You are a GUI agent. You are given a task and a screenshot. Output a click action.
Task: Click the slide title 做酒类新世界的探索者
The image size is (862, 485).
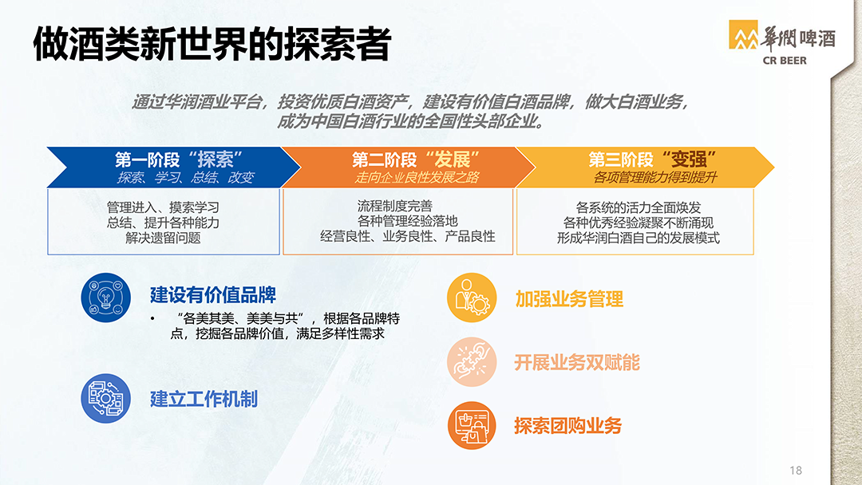tap(212, 44)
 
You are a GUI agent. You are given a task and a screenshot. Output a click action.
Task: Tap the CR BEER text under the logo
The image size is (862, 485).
tap(785, 61)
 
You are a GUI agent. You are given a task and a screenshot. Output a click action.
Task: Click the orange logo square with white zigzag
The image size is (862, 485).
tap(743, 34)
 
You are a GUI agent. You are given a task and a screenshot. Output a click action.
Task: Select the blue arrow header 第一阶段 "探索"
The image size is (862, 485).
tap(179, 160)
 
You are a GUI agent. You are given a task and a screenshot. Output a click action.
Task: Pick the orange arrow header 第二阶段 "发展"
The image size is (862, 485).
tap(416, 160)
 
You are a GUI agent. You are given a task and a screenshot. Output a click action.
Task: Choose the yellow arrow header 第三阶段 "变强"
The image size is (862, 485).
tap(652, 160)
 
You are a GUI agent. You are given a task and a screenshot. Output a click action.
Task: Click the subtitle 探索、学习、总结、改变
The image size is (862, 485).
tap(185, 177)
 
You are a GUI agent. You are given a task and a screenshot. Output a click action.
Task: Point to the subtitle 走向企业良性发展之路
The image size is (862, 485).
tap(417, 177)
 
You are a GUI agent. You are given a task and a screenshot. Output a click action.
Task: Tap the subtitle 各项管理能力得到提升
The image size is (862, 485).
tap(655, 177)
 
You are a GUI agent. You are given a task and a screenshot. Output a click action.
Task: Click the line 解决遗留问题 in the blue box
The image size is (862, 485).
tap(164, 238)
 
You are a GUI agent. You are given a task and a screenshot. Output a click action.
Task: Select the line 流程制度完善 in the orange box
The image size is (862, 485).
tap(395, 206)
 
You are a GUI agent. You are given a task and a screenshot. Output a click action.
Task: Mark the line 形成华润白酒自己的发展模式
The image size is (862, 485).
tap(639, 238)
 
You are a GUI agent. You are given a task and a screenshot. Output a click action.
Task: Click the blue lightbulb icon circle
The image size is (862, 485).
tap(106, 298)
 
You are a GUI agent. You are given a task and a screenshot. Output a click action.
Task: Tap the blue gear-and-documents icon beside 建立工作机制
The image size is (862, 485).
tap(106, 398)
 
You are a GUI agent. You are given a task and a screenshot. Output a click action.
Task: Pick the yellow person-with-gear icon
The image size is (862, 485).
tap(472, 298)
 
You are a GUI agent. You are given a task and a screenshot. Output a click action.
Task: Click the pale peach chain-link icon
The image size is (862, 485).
tap(472, 361)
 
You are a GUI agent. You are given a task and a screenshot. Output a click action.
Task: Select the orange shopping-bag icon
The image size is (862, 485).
tap(472, 425)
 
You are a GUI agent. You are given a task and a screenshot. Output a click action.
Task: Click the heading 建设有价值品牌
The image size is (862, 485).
tap(213, 295)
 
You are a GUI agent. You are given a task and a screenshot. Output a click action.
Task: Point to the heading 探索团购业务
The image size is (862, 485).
tap(568, 426)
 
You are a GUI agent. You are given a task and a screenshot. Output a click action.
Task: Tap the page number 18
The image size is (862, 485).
tap(796, 470)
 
